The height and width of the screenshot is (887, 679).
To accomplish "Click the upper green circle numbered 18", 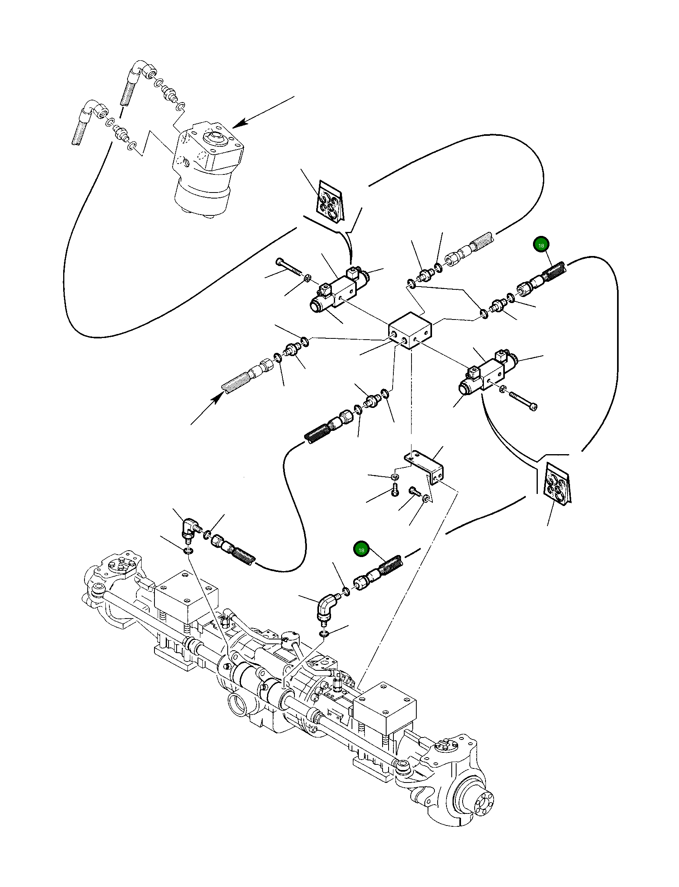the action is [x=541, y=245].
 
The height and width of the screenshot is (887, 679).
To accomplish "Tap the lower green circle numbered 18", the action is [x=361, y=550].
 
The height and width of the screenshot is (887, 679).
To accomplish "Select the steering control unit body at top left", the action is [x=208, y=169].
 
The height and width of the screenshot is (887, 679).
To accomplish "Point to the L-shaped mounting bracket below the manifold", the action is [x=424, y=468].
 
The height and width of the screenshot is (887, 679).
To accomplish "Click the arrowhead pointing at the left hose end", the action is [x=219, y=398].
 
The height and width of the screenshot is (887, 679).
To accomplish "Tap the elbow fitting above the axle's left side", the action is [x=189, y=529].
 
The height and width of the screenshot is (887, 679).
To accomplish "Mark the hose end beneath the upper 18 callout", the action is [x=542, y=279].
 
